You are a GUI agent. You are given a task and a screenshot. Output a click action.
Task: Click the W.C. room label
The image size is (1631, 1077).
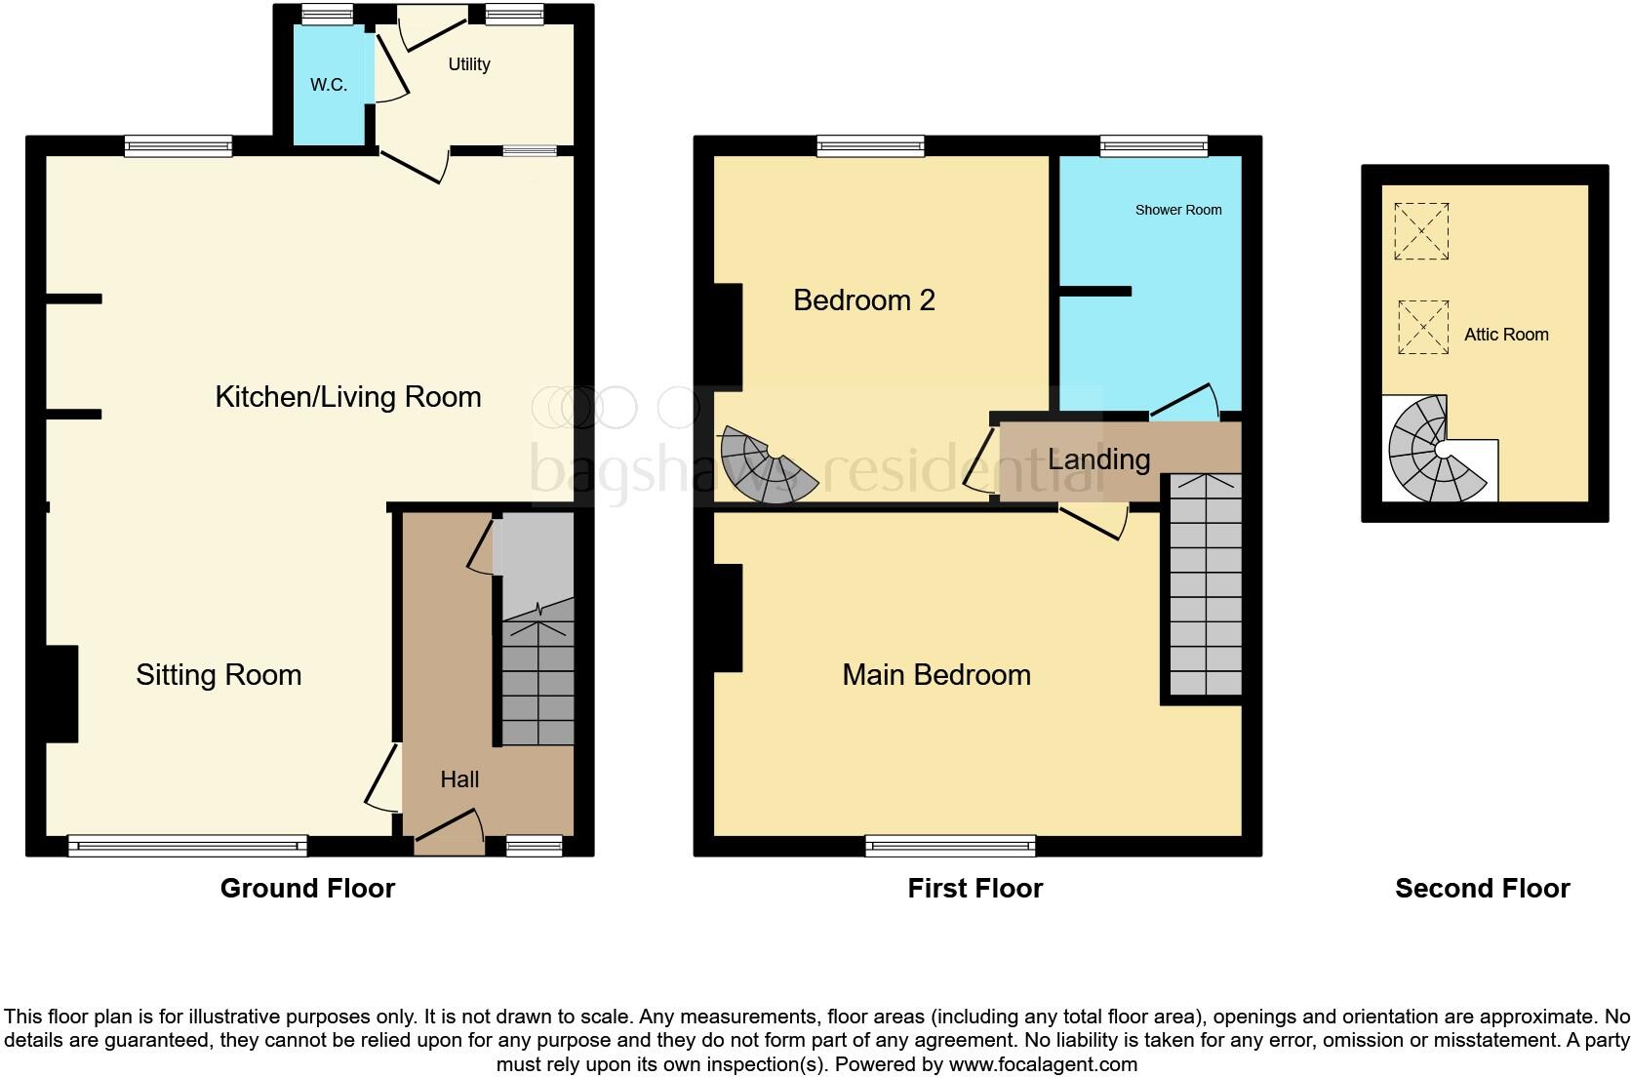click(329, 85)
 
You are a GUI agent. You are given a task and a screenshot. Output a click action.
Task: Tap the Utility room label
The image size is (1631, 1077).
click(469, 64)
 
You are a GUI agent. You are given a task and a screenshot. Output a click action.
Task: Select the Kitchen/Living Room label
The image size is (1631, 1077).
click(348, 397)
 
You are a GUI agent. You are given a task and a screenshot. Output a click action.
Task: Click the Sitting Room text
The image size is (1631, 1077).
click(219, 675)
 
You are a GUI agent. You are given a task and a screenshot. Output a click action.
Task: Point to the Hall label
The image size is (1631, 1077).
click(459, 779)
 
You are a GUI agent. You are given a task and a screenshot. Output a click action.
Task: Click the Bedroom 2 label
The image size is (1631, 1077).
click(864, 300)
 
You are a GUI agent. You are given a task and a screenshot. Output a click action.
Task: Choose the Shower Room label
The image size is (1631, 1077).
click(1178, 210)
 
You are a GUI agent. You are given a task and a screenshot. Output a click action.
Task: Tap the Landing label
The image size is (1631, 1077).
click(1099, 459)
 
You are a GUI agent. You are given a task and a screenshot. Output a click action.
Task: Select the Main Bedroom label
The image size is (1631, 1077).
click(936, 675)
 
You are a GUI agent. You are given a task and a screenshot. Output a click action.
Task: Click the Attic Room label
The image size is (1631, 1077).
click(1506, 335)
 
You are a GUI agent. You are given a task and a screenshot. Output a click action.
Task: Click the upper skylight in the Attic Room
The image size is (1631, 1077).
click(1421, 231)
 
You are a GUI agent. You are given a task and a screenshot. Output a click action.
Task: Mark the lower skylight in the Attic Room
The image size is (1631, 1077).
click(1423, 328)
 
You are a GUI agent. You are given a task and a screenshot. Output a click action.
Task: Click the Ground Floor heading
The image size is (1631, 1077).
click(307, 889)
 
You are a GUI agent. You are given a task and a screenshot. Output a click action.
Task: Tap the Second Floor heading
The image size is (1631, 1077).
click(1482, 889)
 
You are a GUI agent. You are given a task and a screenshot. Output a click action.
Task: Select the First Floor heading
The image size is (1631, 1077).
click(975, 889)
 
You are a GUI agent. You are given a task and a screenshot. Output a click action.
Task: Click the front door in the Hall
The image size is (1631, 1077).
click(450, 829)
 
